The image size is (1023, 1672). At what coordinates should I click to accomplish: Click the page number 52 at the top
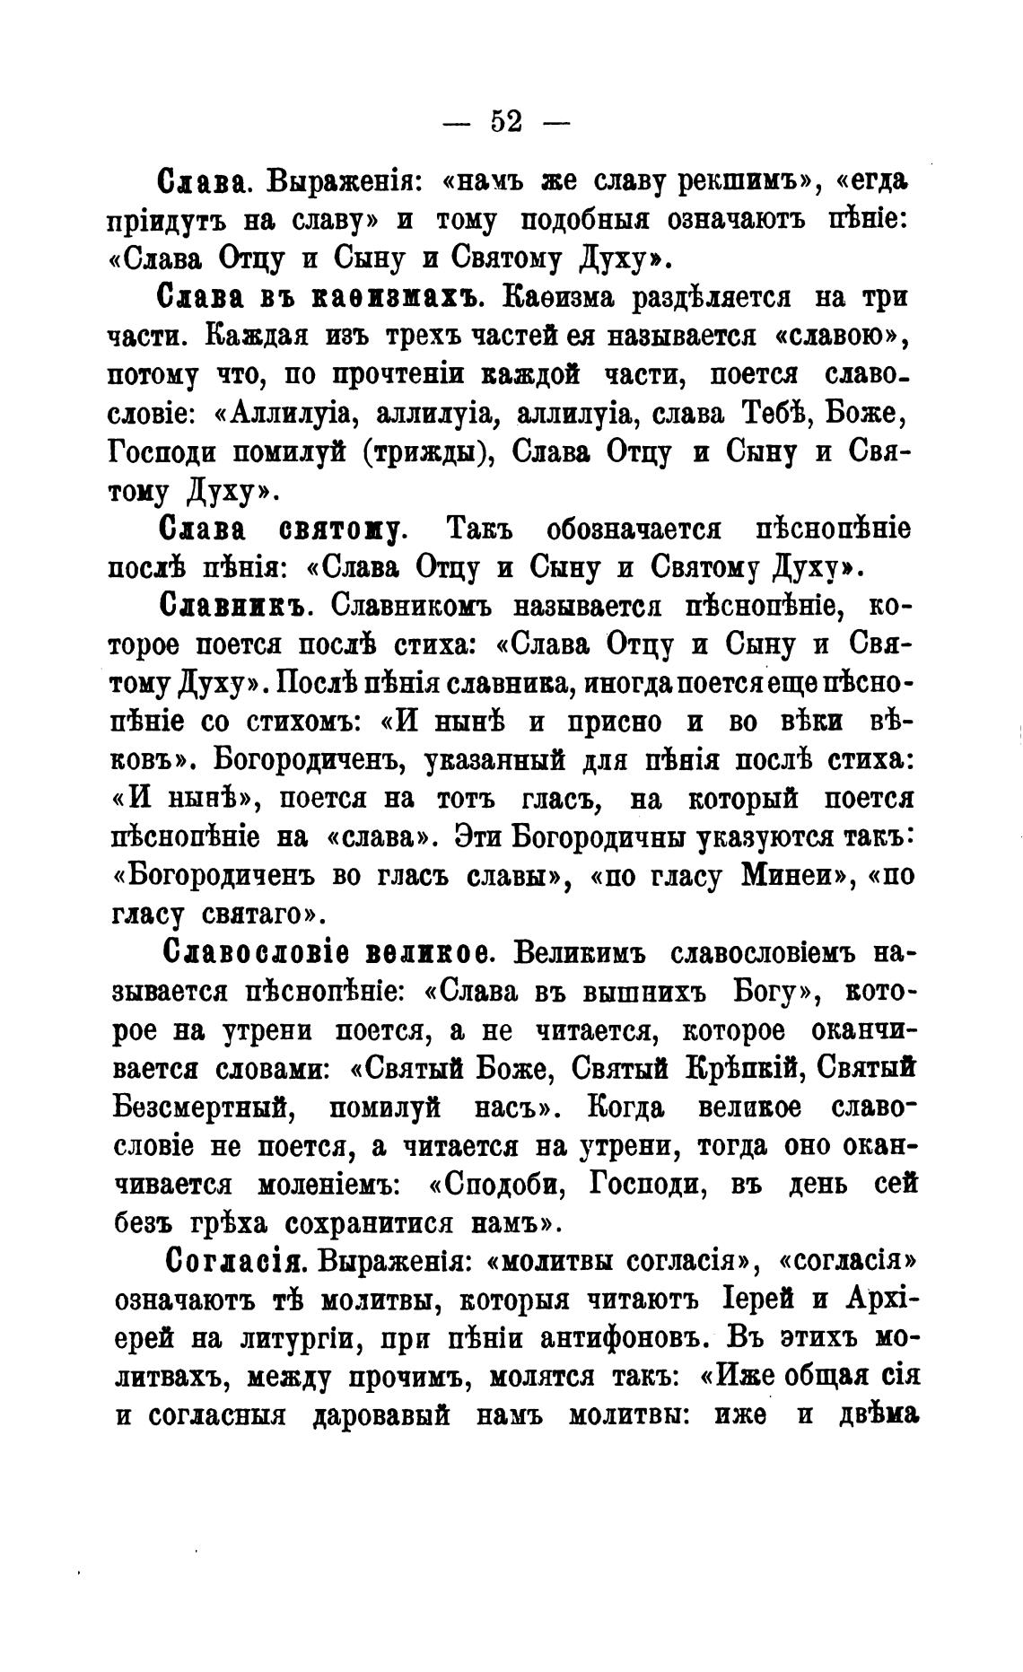click(x=507, y=121)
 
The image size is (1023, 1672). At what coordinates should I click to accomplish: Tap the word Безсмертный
click(x=205, y=1107)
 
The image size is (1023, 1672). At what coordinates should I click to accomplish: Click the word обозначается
click(x=634, y=529)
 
